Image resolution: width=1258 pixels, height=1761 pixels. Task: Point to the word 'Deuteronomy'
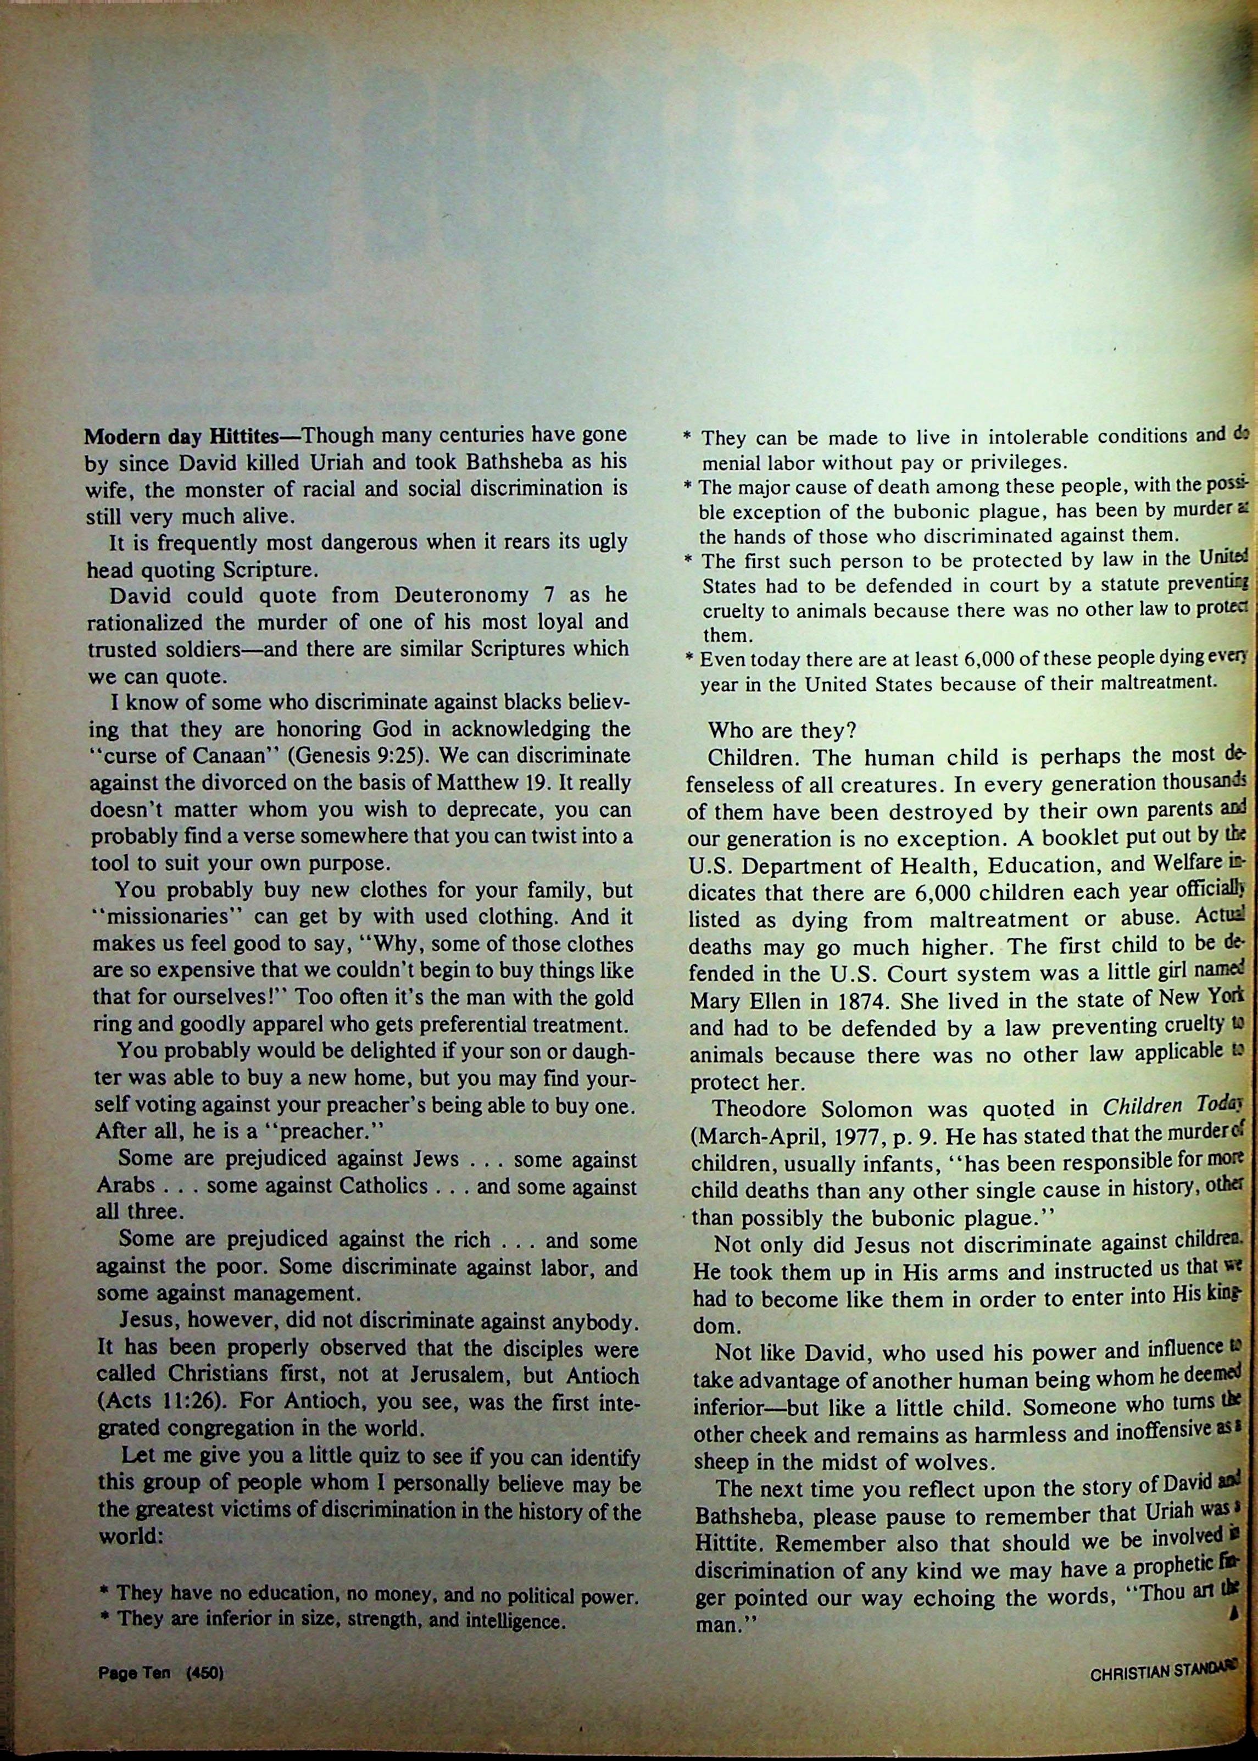465,595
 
